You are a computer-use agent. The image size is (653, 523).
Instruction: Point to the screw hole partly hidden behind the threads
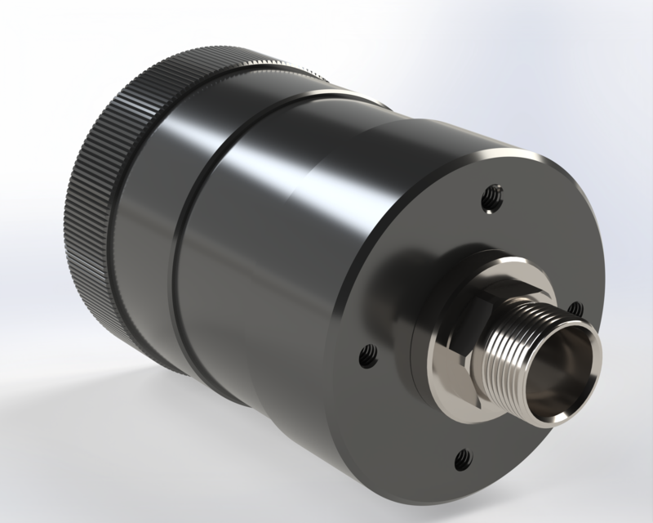click(x=575, y=308)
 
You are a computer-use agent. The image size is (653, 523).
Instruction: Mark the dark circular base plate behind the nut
click(x=420, y=360)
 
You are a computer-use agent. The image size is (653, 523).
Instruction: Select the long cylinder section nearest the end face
click(x=286, y=270)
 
